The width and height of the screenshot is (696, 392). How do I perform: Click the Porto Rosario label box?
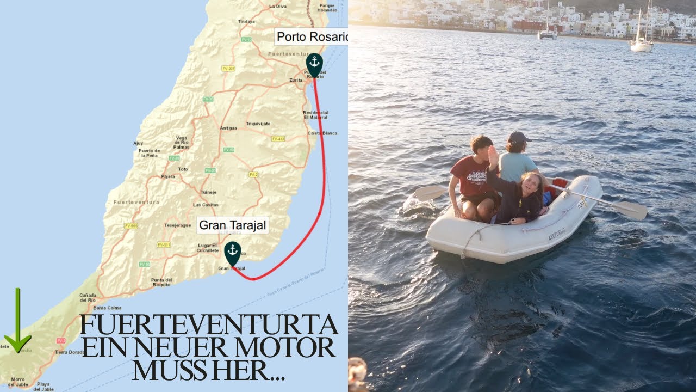(312, 36)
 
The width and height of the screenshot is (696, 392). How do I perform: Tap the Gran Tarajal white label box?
(233, 225)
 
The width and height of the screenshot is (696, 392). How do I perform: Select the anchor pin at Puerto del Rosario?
(314, 63)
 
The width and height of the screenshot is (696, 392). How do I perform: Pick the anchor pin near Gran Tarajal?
(233, 252)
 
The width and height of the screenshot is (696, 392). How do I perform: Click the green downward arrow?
(17, 321)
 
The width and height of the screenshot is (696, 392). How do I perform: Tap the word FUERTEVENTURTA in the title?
(209, 325)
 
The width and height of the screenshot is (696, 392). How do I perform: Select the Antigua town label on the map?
(228, 128)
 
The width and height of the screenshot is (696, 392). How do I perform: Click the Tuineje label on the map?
(208, 192)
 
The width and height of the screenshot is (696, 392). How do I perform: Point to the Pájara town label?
(168, 176)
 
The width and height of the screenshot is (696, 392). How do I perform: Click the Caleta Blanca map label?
(322, 133)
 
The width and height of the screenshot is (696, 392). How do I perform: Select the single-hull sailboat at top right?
(642, 44)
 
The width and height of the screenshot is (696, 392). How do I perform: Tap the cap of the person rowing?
(519, 137)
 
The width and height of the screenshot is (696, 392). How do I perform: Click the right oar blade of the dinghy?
(631, 210)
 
